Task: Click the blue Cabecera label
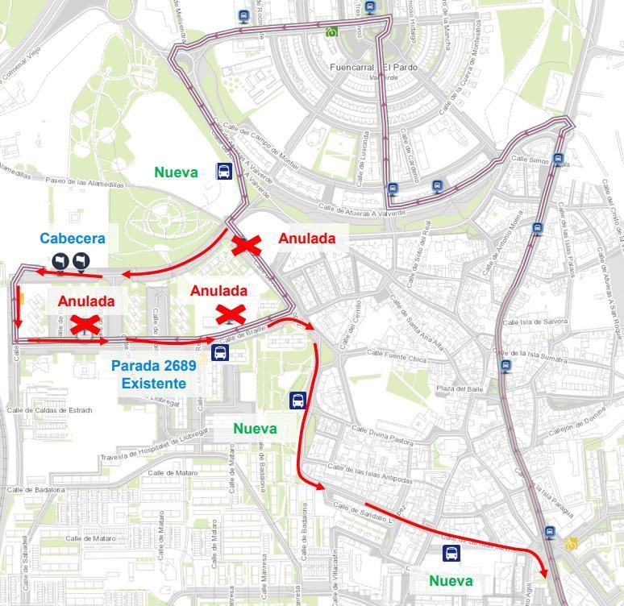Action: (73, 239)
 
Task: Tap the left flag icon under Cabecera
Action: (61, 260)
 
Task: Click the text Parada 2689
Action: (153, 366)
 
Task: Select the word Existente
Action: (153, 384)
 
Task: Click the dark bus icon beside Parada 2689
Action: (219, 353)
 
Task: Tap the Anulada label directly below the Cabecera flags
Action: (86, 301)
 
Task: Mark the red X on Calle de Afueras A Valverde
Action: (246, 246)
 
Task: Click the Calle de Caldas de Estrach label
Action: (49, 410)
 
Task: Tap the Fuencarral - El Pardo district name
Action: (374, 67)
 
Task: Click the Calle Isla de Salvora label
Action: (535, 322)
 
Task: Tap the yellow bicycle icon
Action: (571, 544)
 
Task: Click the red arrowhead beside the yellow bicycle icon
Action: (543, 572)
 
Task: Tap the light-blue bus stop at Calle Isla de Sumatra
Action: (505, 367)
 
